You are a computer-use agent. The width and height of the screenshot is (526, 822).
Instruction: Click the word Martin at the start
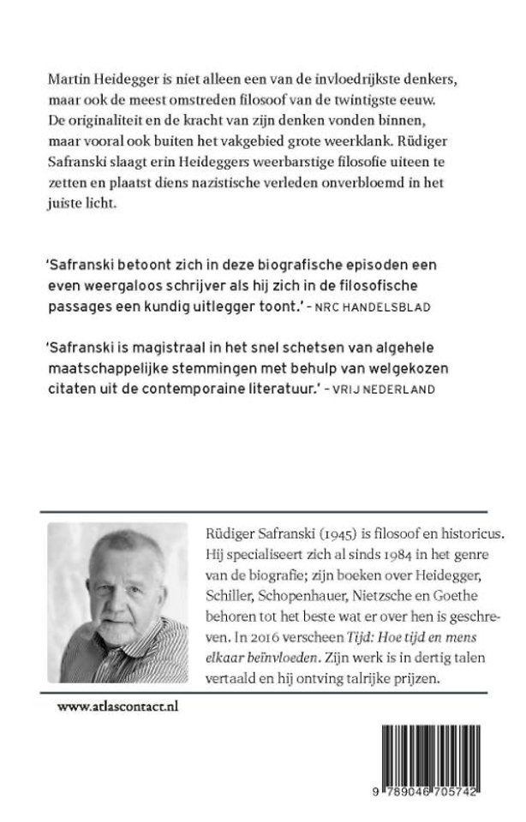68,79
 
